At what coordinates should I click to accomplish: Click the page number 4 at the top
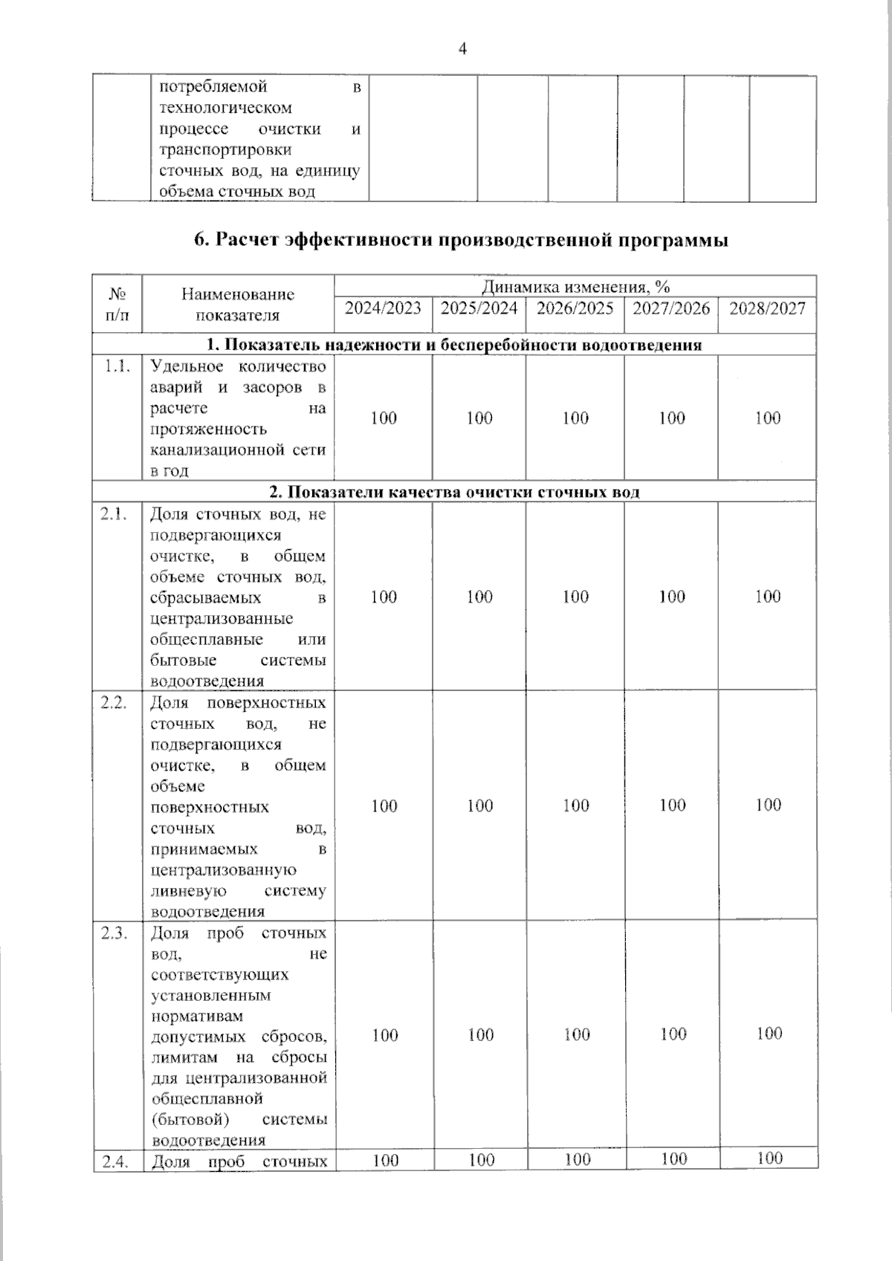pyautogui.click(x=462, y=50)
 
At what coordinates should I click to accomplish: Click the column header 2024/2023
pyautogui.click(x=383, y=308)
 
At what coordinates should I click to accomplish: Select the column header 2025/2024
pyautogui.click(x=479, y=308)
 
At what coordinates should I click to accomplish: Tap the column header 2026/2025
pyautogui.click(x=575, y=308)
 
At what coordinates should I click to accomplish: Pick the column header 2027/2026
pyautogui.click(x=671, y=308)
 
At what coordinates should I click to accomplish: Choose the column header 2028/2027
pyautogui.click(x=767, y=308)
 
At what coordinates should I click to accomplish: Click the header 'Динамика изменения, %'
pyautogui.click(x=575, y=287)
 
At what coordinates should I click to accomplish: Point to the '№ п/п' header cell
pyautogui.click(x=117, y=305)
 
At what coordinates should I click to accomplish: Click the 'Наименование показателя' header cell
pyautogui.click(x=238, y=305)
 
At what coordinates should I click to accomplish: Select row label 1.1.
pyautogui.click(x=117, y=366)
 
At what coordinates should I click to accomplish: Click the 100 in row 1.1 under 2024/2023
pyautogui.click(x=384, y=418)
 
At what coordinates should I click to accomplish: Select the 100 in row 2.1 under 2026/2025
pyautogui.click(x=576, y=597)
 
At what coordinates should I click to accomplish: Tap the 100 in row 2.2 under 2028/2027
pyautogui.click(x=768, y=805)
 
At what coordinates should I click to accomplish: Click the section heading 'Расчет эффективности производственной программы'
pyautogui.click(x=461, y=241)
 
